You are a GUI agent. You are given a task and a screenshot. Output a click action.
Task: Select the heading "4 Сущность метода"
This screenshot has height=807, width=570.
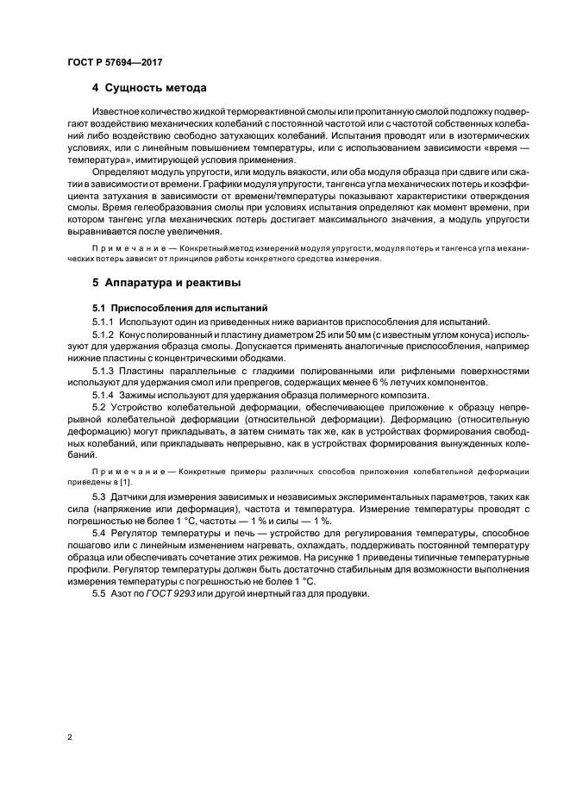(x=148, y=88)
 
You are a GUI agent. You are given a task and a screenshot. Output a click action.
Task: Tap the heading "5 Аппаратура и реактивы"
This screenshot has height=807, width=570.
(x=166, y=282)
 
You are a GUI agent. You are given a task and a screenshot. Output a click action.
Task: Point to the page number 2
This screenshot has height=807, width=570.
(x=69, y=738)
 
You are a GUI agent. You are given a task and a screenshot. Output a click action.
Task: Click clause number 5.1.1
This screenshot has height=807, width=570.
(x=103, y=321)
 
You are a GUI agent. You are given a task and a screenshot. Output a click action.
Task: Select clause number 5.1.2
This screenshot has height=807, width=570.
(x=103, y=335)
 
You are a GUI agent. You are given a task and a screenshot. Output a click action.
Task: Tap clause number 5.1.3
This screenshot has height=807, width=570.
(x=103, y=371)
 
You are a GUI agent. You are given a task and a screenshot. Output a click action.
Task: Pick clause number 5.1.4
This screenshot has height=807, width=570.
(x=103, y=395)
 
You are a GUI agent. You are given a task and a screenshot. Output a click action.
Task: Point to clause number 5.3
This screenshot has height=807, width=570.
(x=99, y=498)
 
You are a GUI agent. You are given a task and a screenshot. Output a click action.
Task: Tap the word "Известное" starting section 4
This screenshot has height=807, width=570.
(x=118, y=112)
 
